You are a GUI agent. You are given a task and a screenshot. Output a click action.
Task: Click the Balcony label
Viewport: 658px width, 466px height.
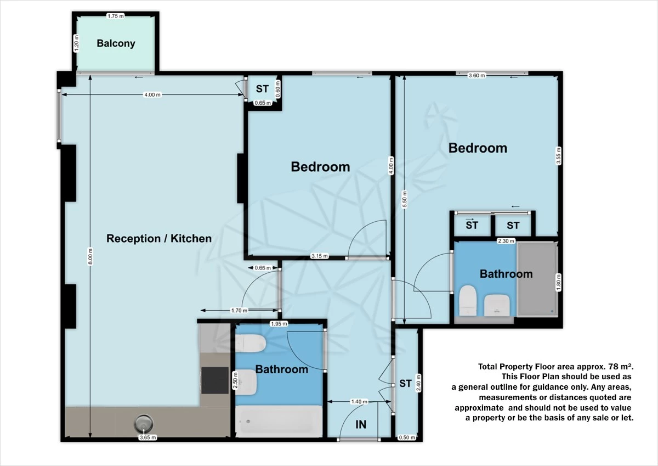[x=116, y=43]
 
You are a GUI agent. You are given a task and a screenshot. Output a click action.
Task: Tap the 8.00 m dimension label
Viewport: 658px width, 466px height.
[x=90, y=257]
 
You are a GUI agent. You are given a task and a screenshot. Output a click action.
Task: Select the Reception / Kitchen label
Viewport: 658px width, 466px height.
[x=159, y=238]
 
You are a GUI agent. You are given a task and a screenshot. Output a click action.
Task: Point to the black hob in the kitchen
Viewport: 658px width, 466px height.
[x=215, y=380]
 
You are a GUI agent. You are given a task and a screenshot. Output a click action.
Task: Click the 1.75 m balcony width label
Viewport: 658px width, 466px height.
[x=116, y=16]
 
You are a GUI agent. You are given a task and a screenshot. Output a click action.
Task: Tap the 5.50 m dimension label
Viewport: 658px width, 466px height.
[x=405, y=199]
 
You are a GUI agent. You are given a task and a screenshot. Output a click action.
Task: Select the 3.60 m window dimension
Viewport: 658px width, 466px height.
[x=477, y=76]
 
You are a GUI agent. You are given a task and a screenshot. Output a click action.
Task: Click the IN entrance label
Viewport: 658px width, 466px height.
[x=361, y=424]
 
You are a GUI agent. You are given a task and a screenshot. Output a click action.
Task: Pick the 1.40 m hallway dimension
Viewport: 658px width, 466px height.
[x=359, y=402]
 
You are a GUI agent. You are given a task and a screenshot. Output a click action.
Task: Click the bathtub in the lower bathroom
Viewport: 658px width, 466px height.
[x=279, y=422]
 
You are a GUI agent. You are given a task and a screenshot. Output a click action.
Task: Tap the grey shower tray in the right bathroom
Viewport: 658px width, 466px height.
[x=537, y=279]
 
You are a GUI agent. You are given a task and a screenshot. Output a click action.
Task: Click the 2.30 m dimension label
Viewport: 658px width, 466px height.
[x=506, y=241]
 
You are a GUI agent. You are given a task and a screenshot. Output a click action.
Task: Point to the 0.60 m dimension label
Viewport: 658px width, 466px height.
[x=278, y=89]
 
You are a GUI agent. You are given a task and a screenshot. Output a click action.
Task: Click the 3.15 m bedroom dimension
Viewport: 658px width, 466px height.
[x=320, y=256]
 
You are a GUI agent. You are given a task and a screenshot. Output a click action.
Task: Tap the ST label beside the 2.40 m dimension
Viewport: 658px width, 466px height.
[x=405, y=383]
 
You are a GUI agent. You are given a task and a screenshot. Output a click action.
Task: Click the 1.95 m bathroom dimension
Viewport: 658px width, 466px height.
[x=279, y=324]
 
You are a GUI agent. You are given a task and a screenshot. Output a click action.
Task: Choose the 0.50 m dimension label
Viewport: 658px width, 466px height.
[x=407, y=437]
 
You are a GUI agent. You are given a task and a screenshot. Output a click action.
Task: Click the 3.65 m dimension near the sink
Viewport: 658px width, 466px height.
[x=148, y=437]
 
